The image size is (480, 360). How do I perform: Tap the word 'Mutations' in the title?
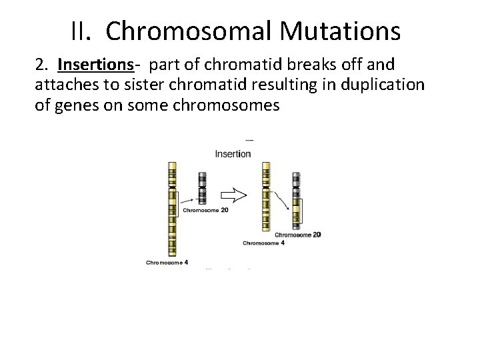pyautogui.click(x=340, y=30)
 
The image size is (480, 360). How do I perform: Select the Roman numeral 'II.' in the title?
pyautogui.click(x=85, y=30)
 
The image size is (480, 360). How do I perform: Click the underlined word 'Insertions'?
pyautogui.click(x=95, y=65)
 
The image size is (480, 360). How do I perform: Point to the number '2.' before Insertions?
pyautogui.click(x=43, y=65)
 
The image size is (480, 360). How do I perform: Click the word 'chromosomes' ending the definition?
pyautogui.click(x=227, y=105)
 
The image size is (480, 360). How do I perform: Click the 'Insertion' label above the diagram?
pyautogui.click(x=233, y=154)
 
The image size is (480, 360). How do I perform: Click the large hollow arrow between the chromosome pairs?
pyautogui.click(x=234, y=195)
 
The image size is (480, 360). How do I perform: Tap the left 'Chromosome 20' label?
pyautogui.click(x=205, y=210)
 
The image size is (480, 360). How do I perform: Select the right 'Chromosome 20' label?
pyautogui.click(x=298, y=235)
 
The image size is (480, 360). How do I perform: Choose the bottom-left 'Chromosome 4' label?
pyautogui.click(x=167, y=263)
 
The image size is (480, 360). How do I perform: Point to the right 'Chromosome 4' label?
pyautogui.click(x=263, y=243)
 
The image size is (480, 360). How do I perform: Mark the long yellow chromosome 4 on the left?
pyautogui.click(x=172, y=210)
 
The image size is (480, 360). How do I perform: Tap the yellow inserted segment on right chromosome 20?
pyautogui.click(x=295, y=212)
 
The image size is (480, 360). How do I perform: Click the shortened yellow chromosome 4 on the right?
pyautogui.click(x=266, y=197)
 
